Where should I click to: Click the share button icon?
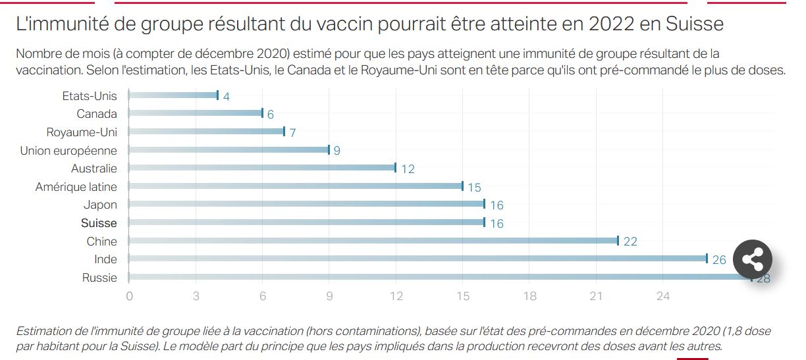pos(752,259)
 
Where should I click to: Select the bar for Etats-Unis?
pos(173,95)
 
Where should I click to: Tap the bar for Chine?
pos(373,241)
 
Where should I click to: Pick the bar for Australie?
pos(262,168)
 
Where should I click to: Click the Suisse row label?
pos(99,223)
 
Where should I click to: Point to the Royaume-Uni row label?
pos(82,132)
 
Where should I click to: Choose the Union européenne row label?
pos(68,151)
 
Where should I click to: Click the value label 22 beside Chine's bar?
pos(630,242)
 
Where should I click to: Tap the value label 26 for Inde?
pos(719,260)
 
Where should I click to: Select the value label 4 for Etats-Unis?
pos(227,97)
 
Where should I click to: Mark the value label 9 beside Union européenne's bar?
pos(337,151)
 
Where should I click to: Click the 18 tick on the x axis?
pos(529,296)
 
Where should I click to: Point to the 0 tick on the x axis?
pos(129,296)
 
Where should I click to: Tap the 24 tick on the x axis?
pos(663,296)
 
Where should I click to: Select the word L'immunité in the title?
pos(57,24)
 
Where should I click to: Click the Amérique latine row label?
pos(76,187)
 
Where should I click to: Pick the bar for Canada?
pos(196,113)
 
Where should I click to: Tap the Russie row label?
pos(99,278)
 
